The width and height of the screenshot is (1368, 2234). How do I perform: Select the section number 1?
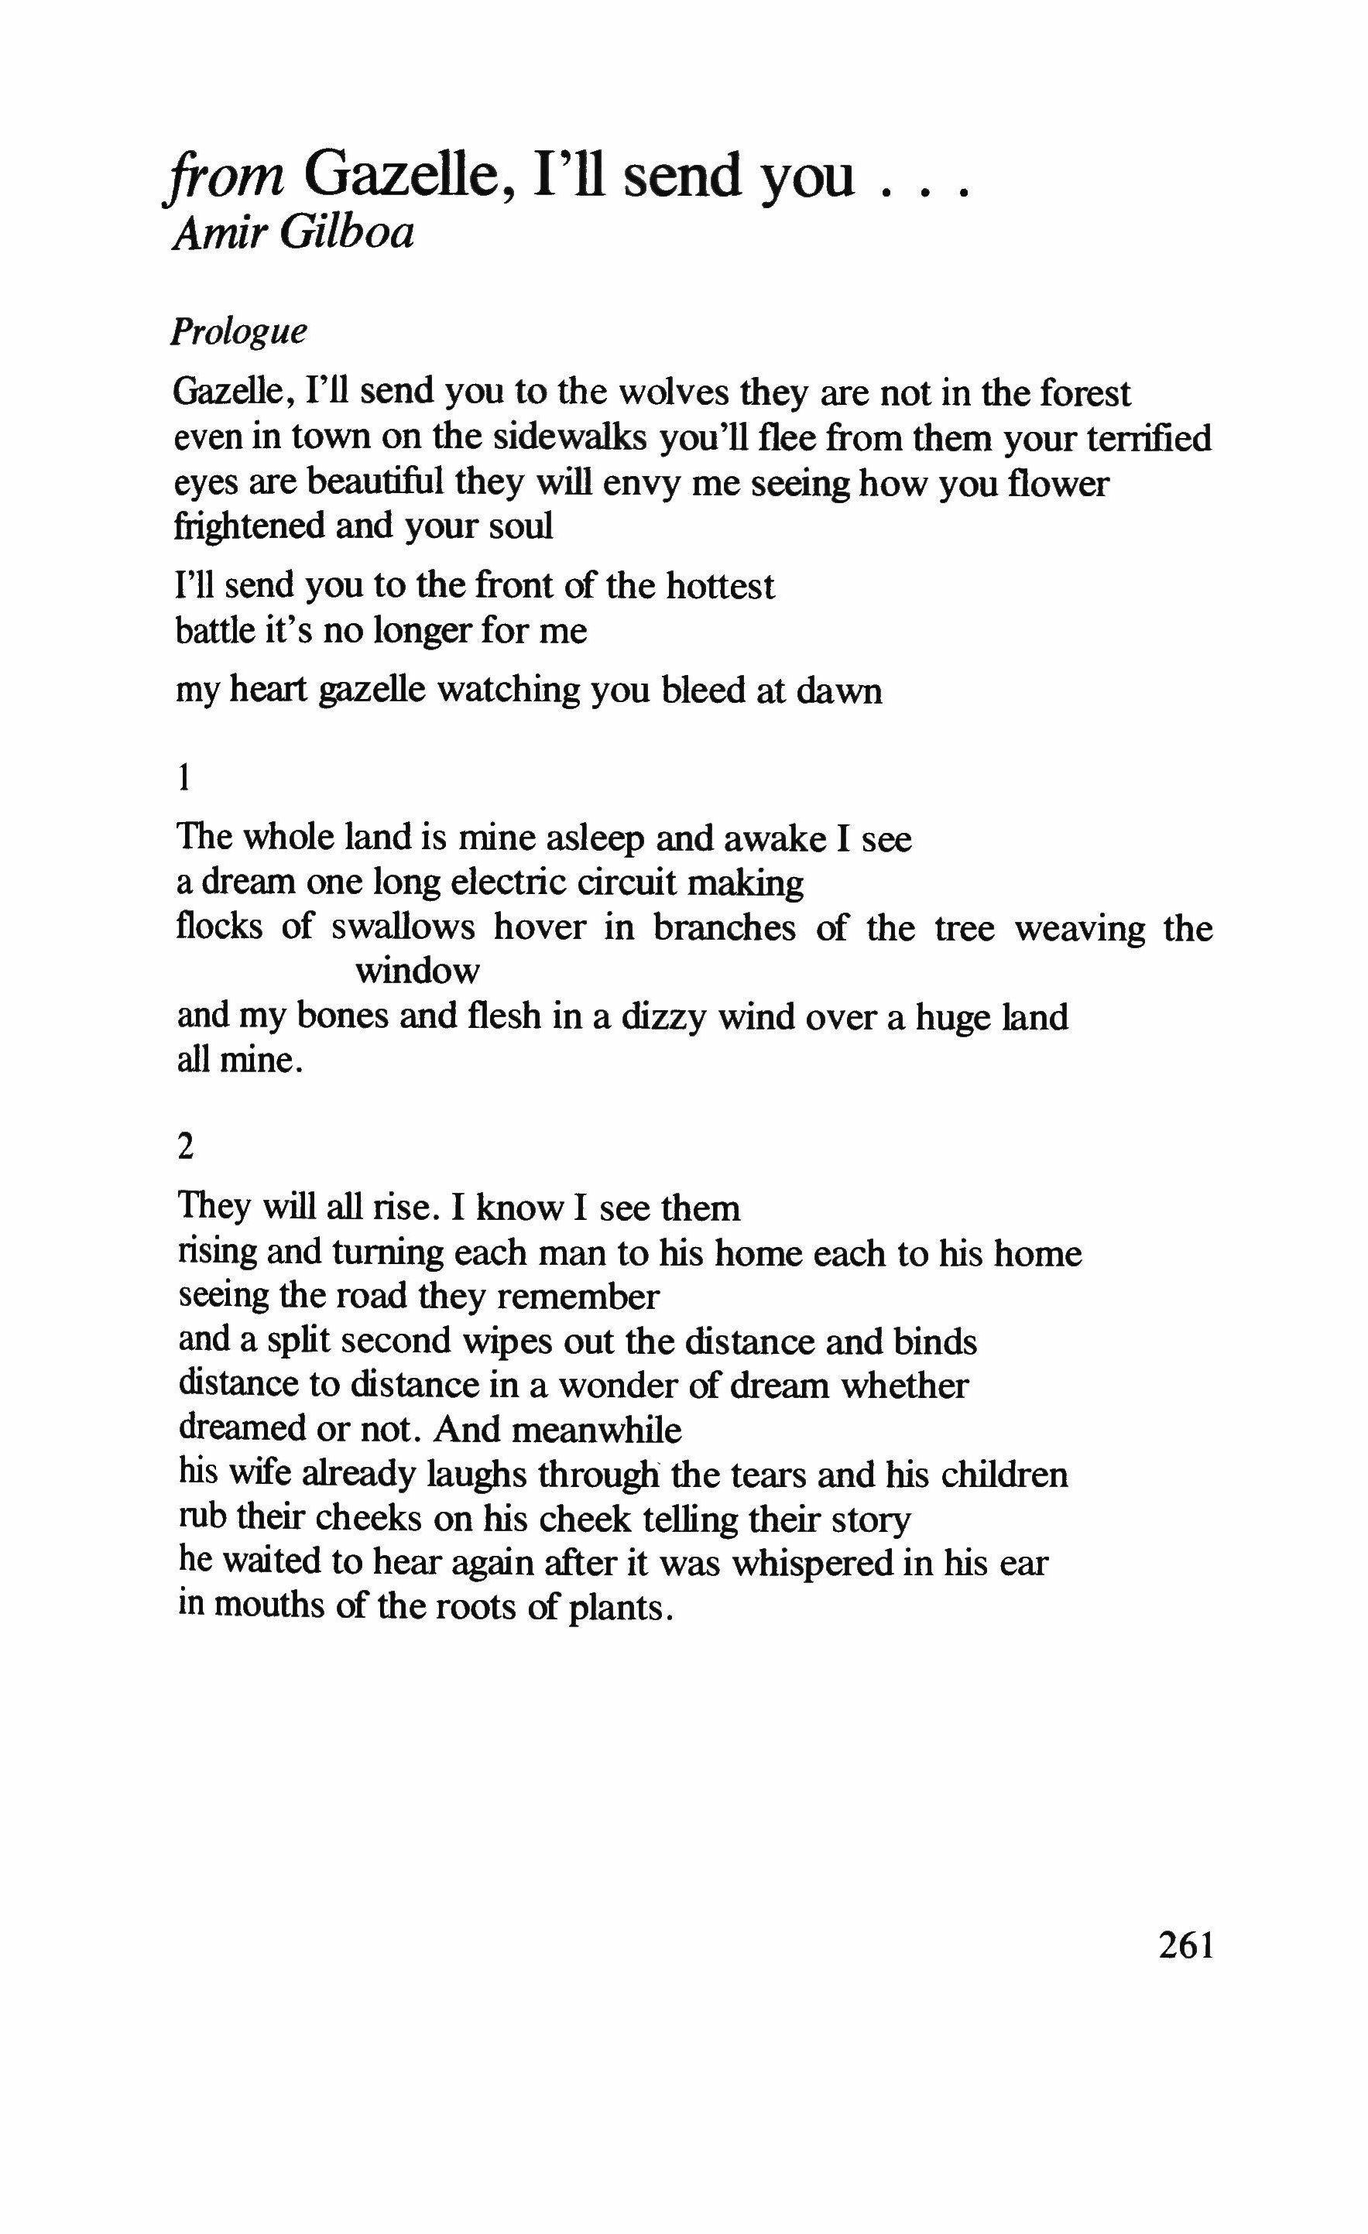pos(185,778)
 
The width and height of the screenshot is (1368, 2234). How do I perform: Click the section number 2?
pos(186,1148)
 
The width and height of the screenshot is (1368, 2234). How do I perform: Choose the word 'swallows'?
pos(403,927)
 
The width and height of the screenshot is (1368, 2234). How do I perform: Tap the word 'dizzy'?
pos(663,1016)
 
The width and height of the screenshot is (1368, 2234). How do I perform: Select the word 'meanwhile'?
pos(597,1430)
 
